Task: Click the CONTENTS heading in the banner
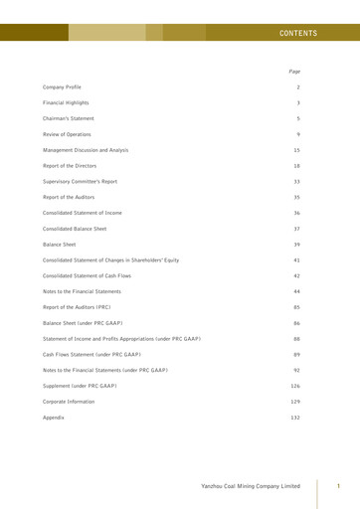coord(298,33)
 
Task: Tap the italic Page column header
coord(294,72)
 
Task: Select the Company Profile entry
coord(62,87)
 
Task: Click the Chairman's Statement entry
coord(69,118)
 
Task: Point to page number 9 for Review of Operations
coord(298,134)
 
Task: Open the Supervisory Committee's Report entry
coord(80,181)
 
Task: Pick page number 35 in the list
coord(296,197)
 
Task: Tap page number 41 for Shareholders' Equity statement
coord(296,259)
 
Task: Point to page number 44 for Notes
coord(296,291)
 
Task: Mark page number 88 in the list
coord(296,339)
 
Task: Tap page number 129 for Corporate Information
coord(295,402)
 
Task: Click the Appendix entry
coord(54,418)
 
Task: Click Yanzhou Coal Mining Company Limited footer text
coord(250,486)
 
